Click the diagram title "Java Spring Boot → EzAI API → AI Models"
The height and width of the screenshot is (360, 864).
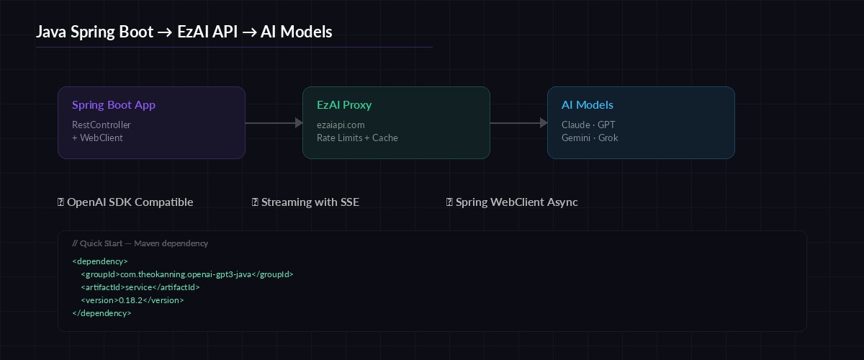pos(184,32)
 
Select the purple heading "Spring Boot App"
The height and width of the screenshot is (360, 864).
pos(113,105)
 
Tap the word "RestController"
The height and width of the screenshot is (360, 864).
pos(102,125)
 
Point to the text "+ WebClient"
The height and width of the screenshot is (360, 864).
pos(97,138)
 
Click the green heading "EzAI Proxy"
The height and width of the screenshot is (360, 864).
pos(344,105)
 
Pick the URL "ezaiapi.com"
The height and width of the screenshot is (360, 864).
pos(341,125)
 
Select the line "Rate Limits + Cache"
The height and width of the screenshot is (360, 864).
pos(357,138)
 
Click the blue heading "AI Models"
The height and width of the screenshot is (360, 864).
pos(588,105)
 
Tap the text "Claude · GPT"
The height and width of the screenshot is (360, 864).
pos(588,125)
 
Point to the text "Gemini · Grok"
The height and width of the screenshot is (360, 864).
pos(590,138)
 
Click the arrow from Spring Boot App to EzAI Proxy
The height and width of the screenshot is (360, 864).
pos(274,123)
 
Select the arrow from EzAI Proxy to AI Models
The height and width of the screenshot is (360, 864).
pos(518,123)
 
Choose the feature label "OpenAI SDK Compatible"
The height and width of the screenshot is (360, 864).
pos(130,202)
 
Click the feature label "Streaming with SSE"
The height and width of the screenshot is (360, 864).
pos(310,202)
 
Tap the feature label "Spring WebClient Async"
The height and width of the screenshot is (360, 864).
pos(516,202)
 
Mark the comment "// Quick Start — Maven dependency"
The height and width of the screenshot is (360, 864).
pos(140,243)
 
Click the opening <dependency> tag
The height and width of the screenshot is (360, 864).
pos(100,261)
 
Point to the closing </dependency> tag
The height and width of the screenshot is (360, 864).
pos(102,313)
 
